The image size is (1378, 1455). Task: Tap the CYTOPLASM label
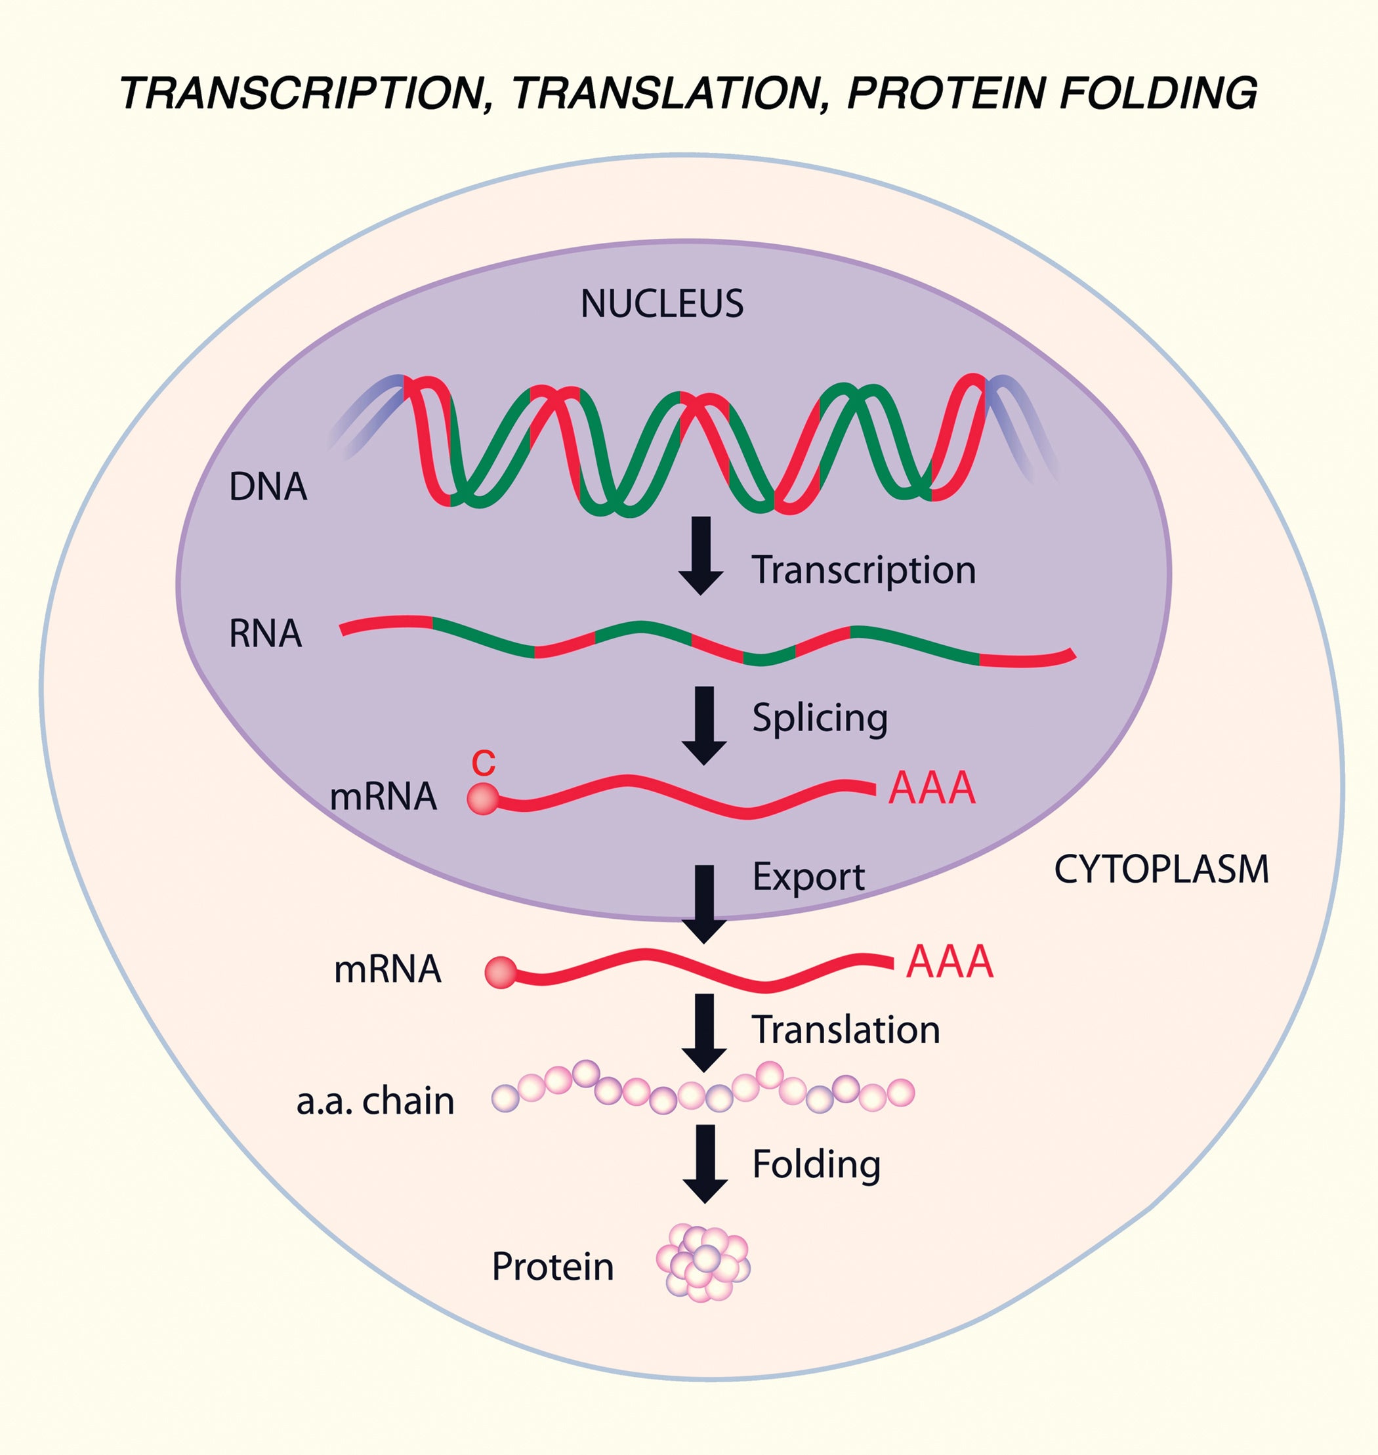point(1161,870)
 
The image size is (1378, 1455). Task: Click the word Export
point(808,877)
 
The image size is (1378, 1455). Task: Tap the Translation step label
point(845,1030)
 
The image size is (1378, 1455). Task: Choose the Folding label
point(816,1164)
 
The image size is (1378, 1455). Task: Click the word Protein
point(553,1266)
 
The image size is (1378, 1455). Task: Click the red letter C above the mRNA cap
point(484,763)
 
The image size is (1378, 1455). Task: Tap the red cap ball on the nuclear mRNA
point(482,798)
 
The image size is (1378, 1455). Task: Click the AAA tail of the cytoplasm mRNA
point(950,962)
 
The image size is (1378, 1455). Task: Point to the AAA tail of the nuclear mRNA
point(931,788)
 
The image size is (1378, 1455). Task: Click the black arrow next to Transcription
point(701,555)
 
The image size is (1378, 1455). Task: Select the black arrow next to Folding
point(705,1163)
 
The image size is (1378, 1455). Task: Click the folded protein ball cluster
point(703,1263)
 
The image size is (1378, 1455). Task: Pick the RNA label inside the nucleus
point(265,633)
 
